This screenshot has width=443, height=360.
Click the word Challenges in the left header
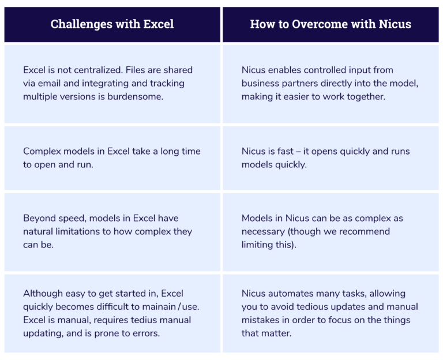[82, 24]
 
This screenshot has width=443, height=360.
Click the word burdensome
[136, 96]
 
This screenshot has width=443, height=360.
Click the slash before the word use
[179, 306]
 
